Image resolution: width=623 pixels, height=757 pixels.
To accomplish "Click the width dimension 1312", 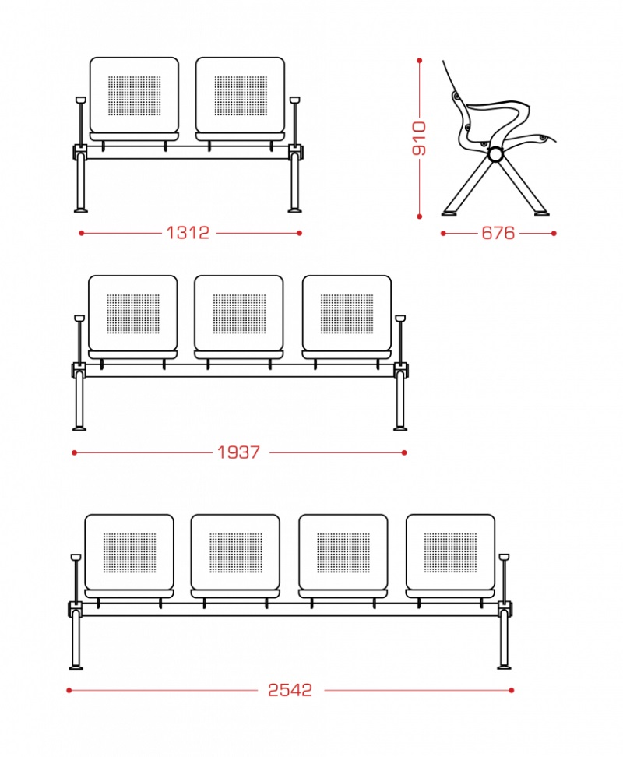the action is pos(188,233).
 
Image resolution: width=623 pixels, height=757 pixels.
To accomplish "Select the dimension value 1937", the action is pos(238,452).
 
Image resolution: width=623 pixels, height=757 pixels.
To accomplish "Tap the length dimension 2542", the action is pos(290,690).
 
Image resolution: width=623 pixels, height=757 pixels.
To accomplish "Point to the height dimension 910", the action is pos(419,139).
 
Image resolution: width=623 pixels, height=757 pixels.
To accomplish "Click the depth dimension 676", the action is pos(498,233).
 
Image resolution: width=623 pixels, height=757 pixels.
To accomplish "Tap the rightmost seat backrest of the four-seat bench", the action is pos(451,552).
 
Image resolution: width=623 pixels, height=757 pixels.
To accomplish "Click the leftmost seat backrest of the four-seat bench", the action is pos(129,552).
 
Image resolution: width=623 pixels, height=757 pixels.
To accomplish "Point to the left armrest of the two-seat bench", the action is pos(80,121).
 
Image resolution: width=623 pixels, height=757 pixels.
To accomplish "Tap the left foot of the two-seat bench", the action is pos(80,210).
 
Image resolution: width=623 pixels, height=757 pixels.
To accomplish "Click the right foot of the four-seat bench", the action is pos(505,667).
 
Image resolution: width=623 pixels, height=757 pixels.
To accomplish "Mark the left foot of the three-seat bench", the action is pos(79,428).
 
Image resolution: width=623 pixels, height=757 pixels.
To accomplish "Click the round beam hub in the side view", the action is pos(495,154).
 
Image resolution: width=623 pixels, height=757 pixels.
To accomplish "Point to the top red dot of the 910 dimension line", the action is pos(419,60).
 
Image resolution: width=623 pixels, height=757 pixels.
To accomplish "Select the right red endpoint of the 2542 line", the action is pos(512,690).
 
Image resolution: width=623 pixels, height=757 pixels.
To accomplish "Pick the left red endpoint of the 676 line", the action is pos(443,233).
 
